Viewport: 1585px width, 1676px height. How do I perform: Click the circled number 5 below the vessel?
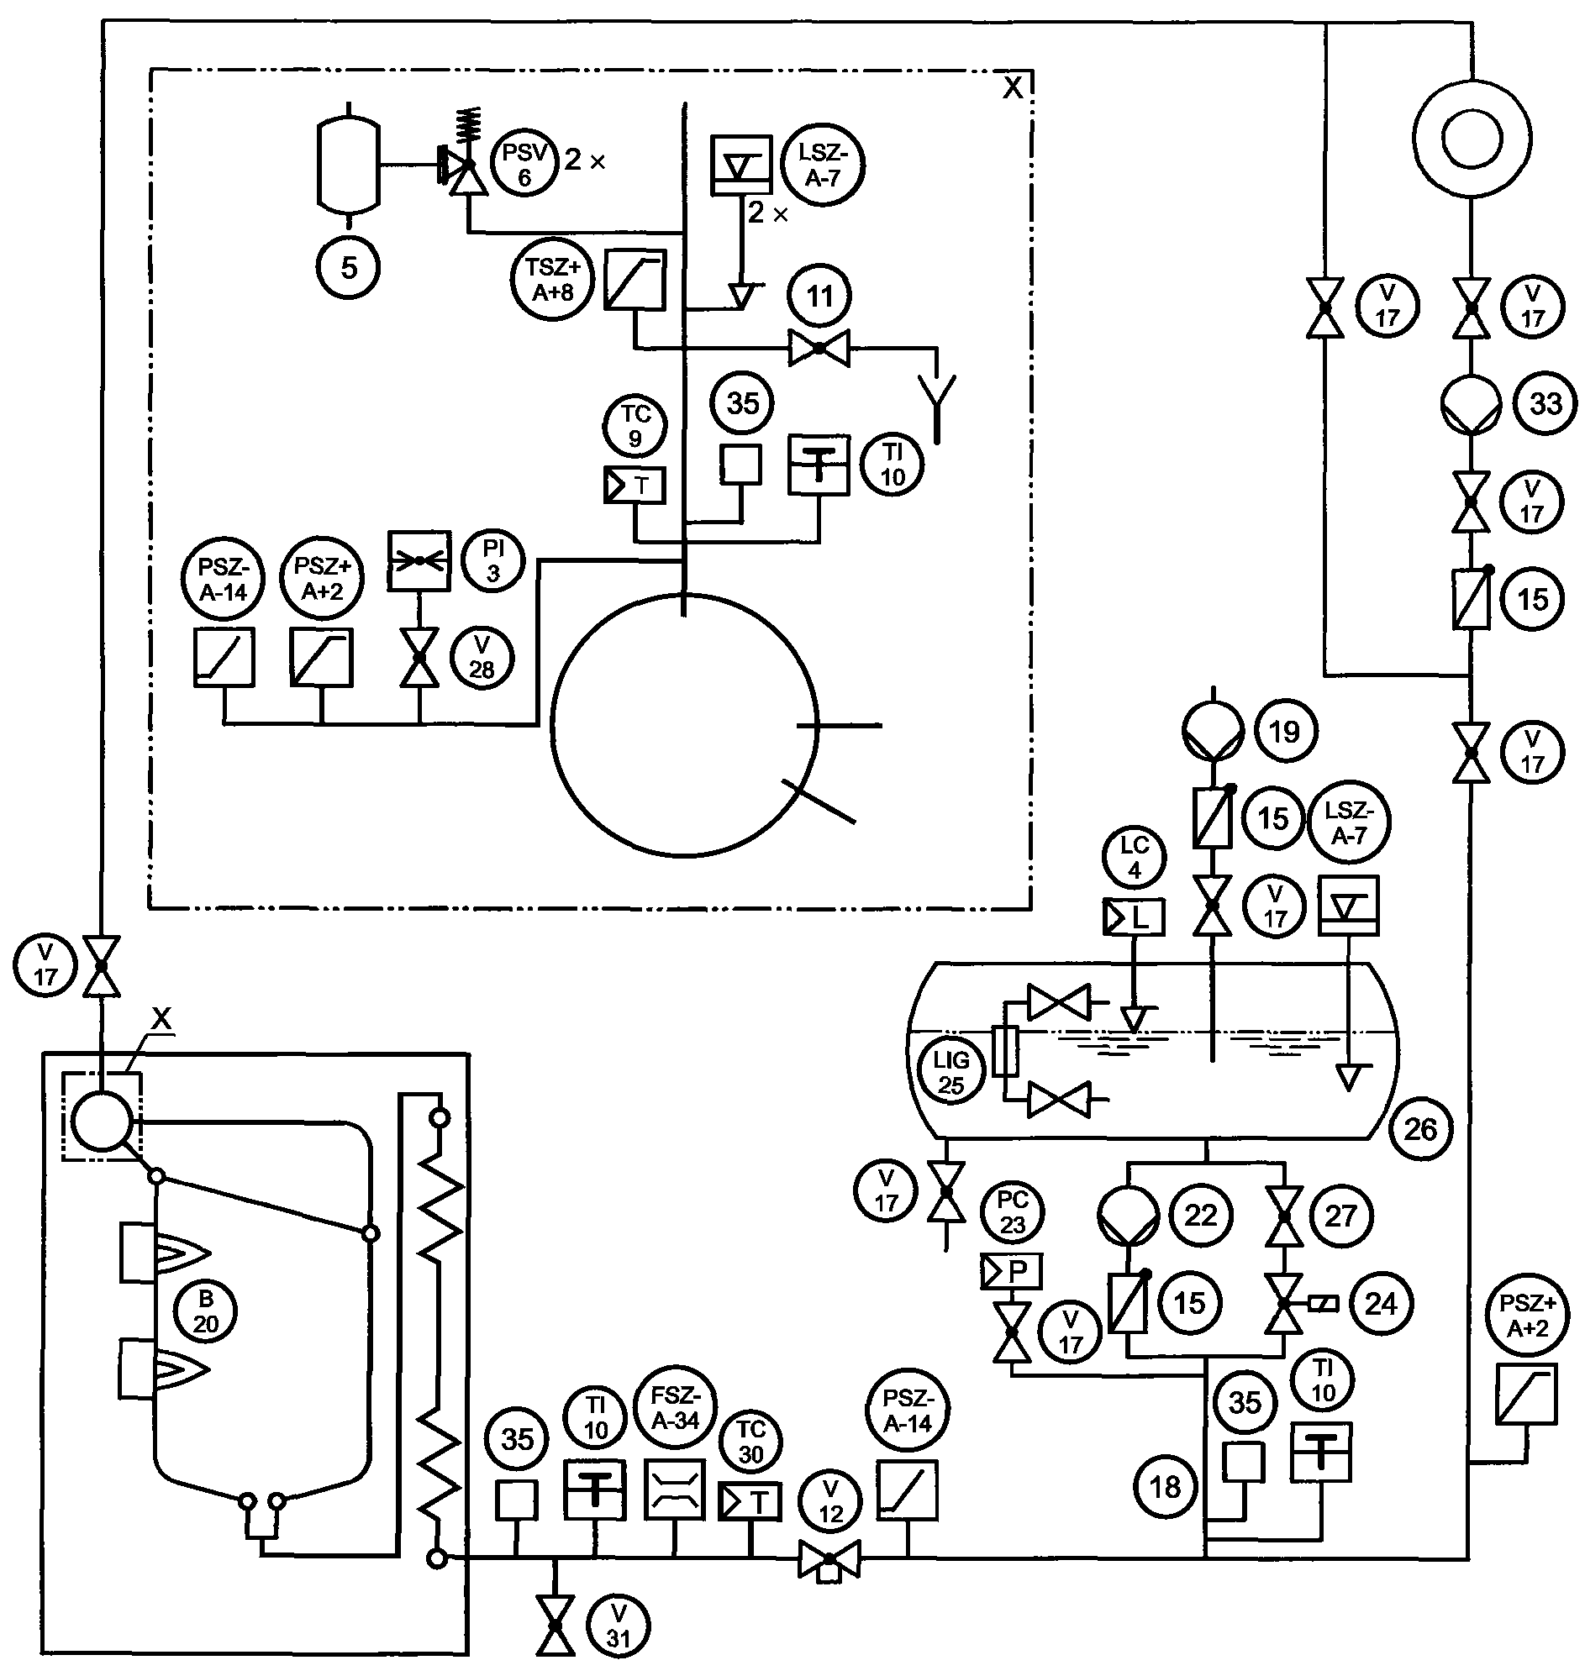(x=349, y=268)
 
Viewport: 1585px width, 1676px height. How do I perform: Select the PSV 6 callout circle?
(x=524, y=165)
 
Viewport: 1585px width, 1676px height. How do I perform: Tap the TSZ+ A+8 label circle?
(x=553, y=280)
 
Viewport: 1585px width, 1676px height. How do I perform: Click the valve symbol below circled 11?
(x=819, y=347)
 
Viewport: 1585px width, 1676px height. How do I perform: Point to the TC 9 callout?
(x=635, y=427)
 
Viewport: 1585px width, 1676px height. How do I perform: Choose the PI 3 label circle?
(x=493, y=561)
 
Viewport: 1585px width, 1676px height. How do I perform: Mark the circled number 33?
(x=1546, y=403)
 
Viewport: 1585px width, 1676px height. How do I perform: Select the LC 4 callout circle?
(x=1134, y=859)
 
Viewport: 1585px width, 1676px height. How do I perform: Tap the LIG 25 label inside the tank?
(x=951, y=1072)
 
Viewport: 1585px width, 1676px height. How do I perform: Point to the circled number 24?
(x=1381, y=1304)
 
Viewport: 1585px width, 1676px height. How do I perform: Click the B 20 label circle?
(x=205, y=1312)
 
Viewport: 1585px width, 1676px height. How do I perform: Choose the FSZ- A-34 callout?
(x=675, y=1408)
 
